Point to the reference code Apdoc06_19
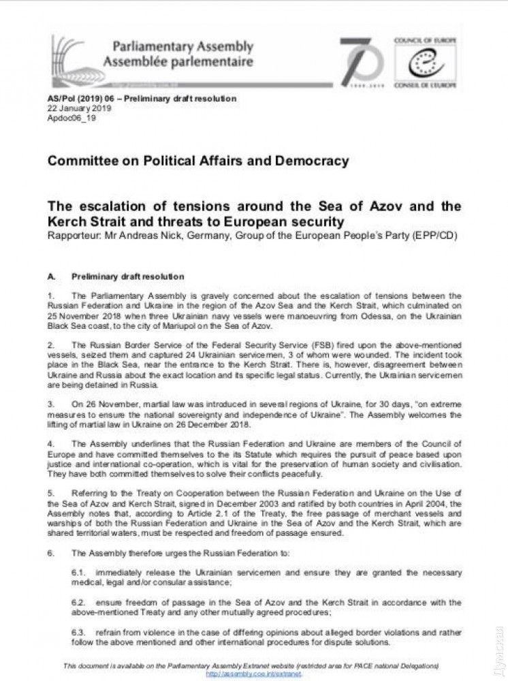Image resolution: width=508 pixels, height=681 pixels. pyautogui.click(x=72, y=118)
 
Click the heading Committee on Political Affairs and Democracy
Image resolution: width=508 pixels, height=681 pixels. pyautogui.click(x=197, y=161)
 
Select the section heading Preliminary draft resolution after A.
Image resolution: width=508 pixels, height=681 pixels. pyautogui.click(x=127, y=276)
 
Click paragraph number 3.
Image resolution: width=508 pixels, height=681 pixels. pyautogui.click(x=51, y=404)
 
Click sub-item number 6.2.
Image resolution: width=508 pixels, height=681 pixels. pyautogui.click(x=78, y=603)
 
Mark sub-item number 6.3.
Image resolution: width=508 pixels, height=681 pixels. pyautogui.click(x=78, y=633)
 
